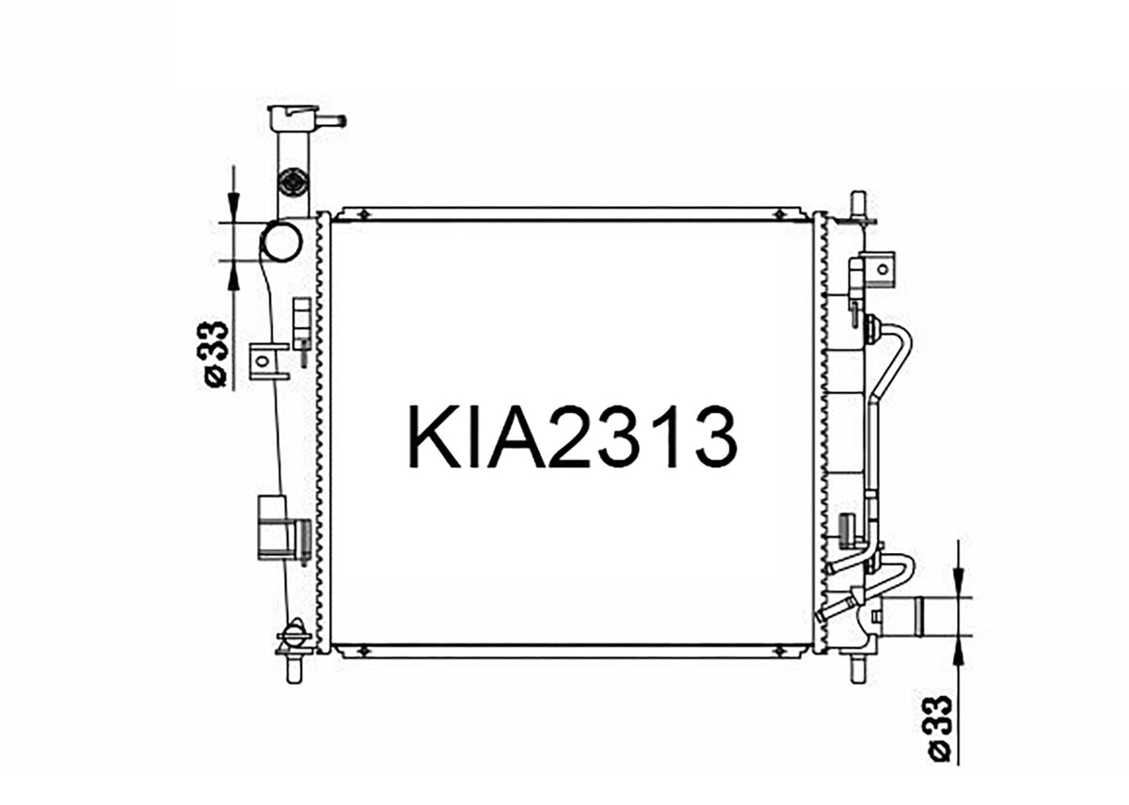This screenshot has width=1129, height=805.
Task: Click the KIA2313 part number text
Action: tap(573, 436)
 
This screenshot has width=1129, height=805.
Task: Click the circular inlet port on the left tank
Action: tap(280, 242)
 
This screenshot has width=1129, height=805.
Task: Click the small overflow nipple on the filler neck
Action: tap(334, 120)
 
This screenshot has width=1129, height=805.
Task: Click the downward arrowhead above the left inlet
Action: tap(233, 208)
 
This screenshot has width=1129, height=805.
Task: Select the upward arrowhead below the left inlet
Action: tap(233, 275)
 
